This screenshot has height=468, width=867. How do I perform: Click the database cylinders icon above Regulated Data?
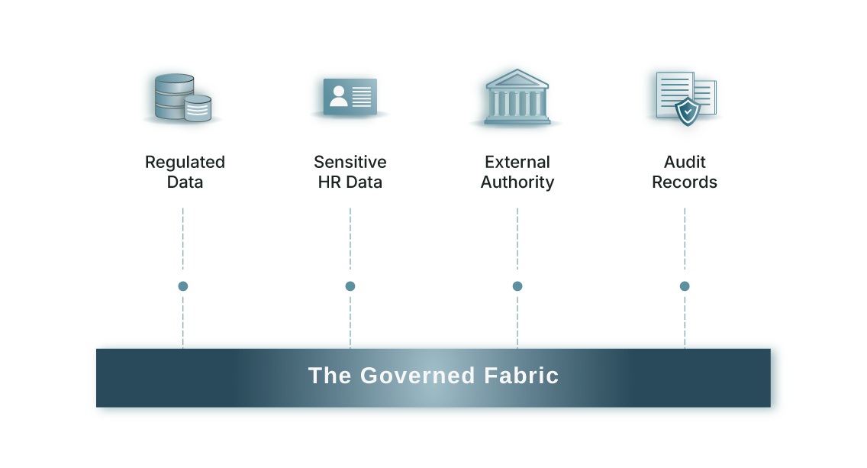pyautogui.click(x=180, y=97)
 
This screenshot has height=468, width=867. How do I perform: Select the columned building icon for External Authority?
pyautogui.click(x=516, y=98)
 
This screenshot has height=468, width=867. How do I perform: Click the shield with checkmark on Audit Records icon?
pyautogui.click(x=688, y=111)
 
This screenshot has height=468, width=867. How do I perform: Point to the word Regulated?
pyautogui.click(x=185, y=162)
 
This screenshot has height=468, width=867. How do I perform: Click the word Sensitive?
pyautogui.click(x=350, y=162)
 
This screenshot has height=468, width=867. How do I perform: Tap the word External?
pyautogui.click(x=517, y=162)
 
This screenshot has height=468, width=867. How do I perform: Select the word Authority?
pyautogui.click(x=517, y=182)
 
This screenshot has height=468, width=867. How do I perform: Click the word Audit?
pyautogui.click(x=685, y=162)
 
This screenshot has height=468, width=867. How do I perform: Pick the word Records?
pyautogui.click(x=685, y=182)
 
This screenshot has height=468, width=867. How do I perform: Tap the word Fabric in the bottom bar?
pyautogui.click(x=521, y=376)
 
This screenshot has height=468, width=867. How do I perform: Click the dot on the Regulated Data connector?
pyautogui.click(x=183, y=286)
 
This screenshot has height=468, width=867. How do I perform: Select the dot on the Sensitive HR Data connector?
pyautogui.click(x=350, y=286)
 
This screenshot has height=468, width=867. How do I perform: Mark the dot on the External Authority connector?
pyautogui.click(x=517, y=286)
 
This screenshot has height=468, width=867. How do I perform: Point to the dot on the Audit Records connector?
pyautogui.click(x=685, y=286)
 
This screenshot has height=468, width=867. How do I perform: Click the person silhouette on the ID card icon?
pyautogui.click(x=338, y=95)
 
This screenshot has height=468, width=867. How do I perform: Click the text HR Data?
pyautogui.click(x=350, y=182)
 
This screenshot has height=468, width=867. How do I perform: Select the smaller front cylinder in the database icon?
pyautogui.click(x=198, y=108)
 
